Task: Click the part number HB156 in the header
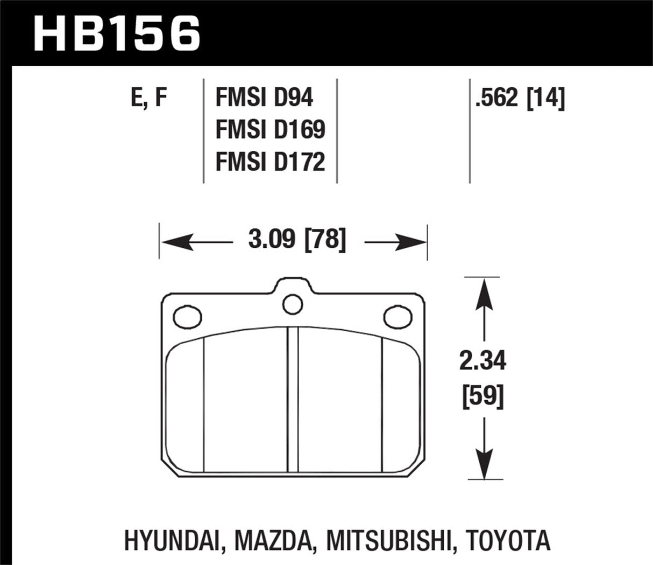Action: pos(117,33)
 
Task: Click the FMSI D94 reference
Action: pos(264,99)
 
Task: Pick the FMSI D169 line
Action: pos(270,130)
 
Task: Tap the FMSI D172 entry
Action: pos(270,162)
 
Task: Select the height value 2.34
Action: pos(482,361)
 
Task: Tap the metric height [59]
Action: pos(482,397)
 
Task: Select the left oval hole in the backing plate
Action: pos(188,316)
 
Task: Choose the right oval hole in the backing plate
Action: pos(398,316)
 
